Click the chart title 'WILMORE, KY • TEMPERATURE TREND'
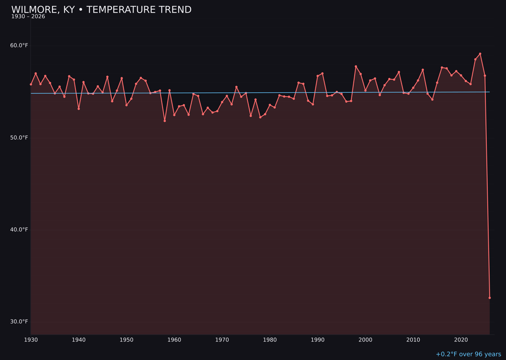(x=101, y=10)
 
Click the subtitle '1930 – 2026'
(x=28, y=17)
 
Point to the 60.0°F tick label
(x=19, y=45)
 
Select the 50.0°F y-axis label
(x=19, y=137)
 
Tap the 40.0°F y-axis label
(x=19, y=229)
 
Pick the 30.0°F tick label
(x=19, y=322)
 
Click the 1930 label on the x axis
(x=31, y=339)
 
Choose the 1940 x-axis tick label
(x=79, y=339)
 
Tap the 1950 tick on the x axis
(x=126, y=339)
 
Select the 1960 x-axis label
(x=174, y=339)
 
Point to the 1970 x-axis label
(x=222, y=339)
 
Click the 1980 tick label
(x=270, y=339)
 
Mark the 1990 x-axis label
(x=318, y=339)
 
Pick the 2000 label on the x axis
(x=365, y=339)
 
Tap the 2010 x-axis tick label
(x=413, y=339)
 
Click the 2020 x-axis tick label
(x=461, y=339)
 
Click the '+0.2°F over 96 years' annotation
(x=468, y=354)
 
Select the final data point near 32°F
(x=490, y=298)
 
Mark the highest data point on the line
(x=480, y=54)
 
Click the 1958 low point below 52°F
(x=164, y=121)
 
